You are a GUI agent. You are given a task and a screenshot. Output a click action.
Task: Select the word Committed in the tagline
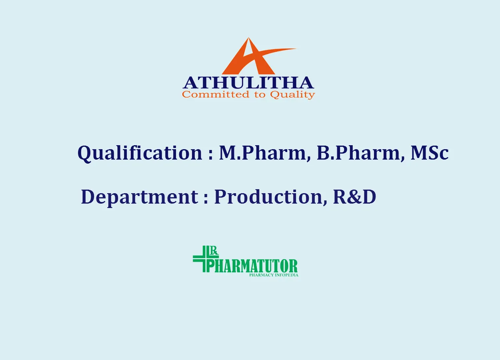point(216,94)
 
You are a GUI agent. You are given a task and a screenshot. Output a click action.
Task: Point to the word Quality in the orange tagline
point(292,95)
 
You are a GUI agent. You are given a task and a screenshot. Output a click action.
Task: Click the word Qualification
point(140,153)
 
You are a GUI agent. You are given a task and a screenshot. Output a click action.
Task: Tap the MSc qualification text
point(430,153)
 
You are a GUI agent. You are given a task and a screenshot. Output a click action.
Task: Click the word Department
point(140,197)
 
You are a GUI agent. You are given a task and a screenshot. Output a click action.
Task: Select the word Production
point(269,197)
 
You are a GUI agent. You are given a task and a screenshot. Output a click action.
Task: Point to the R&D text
point(354,197)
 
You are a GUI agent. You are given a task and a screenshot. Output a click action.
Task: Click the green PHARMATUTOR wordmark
point(252,266)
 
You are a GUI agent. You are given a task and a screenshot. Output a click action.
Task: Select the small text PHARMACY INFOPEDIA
point(274,275)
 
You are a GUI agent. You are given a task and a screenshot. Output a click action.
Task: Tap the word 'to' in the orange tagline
point(260,95)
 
